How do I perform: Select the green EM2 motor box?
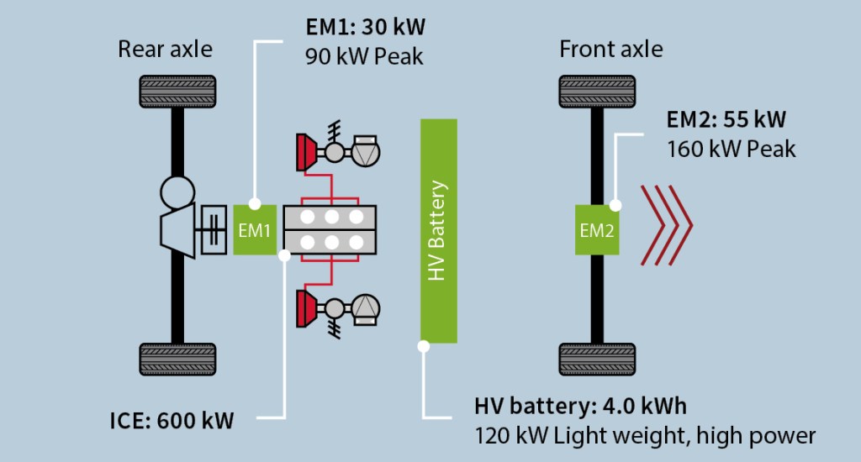(x=597, y=229)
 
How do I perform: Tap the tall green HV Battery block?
(x=438, y=230)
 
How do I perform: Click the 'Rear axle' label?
(x=165, y=50)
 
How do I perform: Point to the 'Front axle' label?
(x=611, y=50)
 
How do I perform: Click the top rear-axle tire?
(x=177, y=92)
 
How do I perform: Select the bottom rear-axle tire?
(x=177, y=359)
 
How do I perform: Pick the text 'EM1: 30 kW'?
(x=365, y=27)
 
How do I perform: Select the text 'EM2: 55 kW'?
(x=726, y=118)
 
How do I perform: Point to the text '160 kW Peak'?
(x=731, y=150)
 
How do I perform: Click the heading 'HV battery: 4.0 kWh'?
(x=580, y=406)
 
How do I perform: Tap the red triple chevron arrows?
(x=667, y=225)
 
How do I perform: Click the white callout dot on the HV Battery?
(x=423, y=345)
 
